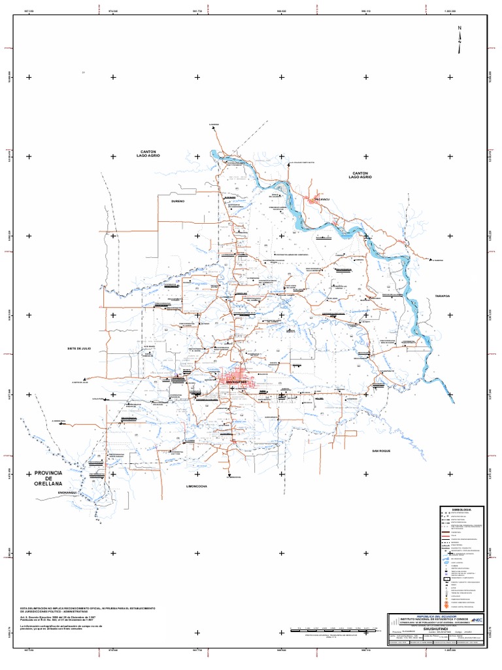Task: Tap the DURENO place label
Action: click(179, 202)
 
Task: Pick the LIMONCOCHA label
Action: click(197, 487)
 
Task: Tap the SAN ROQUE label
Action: click(380, 451)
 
